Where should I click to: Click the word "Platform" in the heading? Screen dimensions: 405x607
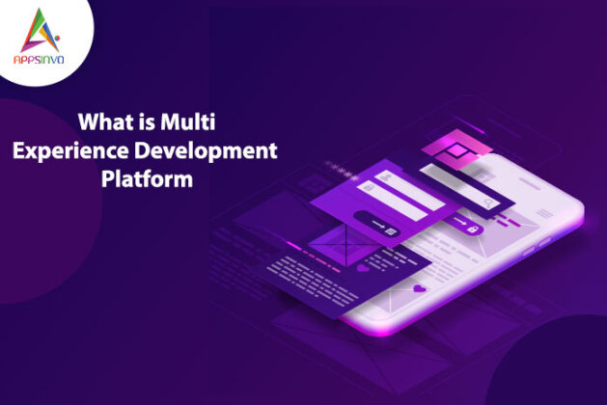146,178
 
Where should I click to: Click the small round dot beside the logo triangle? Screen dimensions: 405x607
57,43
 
